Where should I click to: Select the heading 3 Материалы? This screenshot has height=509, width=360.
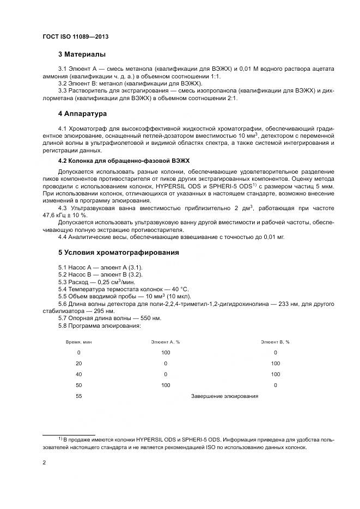point(82,54)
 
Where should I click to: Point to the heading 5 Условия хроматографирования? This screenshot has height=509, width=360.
point(119,252)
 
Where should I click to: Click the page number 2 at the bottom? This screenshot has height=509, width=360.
point(44,462)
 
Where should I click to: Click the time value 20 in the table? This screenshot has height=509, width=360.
point(79,363)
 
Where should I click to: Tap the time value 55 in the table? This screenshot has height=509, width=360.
point(79,396)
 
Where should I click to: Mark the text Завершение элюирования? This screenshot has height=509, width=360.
point(224,396)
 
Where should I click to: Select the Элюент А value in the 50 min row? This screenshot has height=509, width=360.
point(166,385)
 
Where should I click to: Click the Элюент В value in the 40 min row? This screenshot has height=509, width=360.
point(275,374)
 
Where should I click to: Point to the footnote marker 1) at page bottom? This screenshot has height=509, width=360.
point(60,438)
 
